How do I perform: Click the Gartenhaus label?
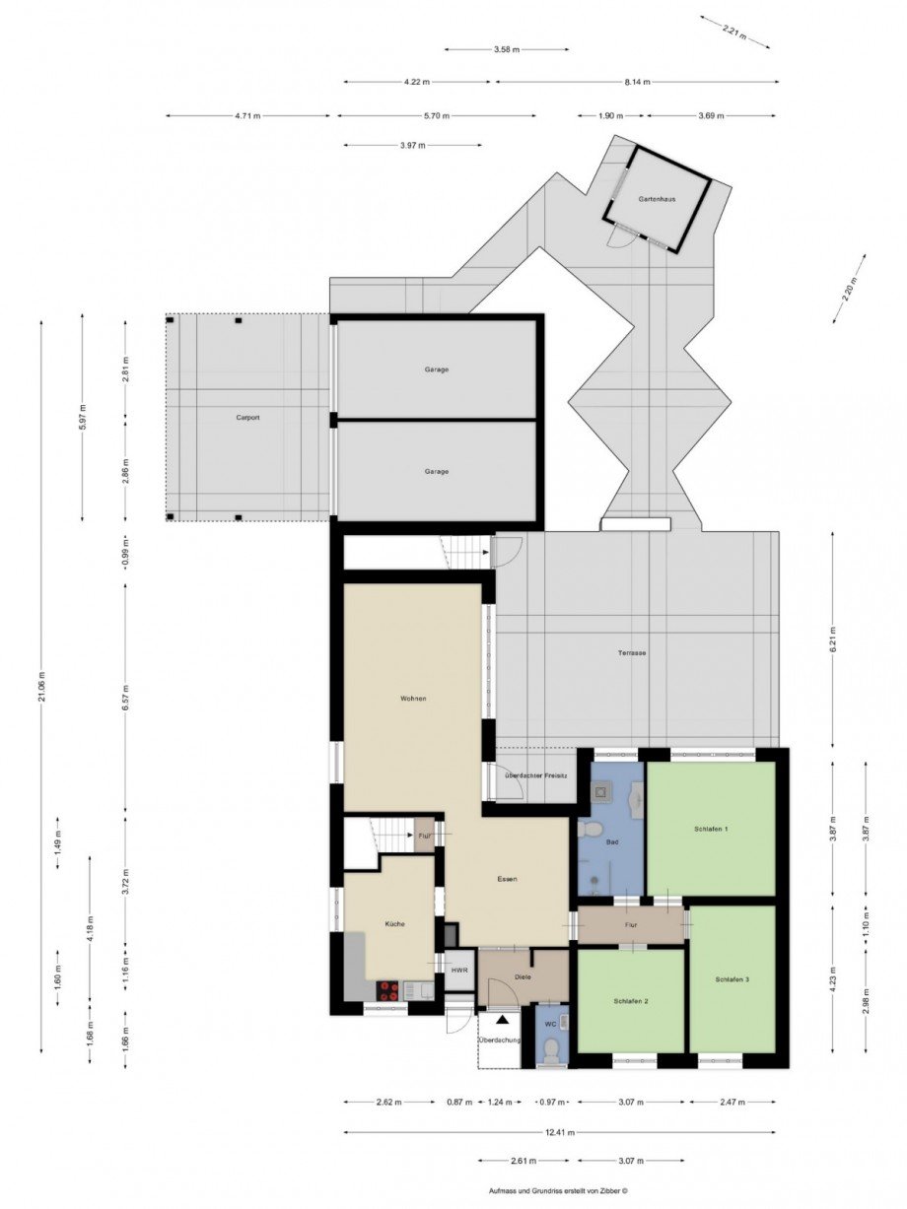tap(656, 199)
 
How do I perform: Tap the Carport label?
tap(246, 418)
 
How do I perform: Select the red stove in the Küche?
tap(388, 990)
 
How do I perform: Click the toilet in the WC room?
tap(552, 1048)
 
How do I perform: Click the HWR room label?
tap(459, 971)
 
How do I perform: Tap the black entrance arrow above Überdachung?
tap(503, 1021)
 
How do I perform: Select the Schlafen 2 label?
tap(630, 1001)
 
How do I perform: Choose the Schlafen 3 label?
tap(733, 979)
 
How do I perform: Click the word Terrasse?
tap(632, 652)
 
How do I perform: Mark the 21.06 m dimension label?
tap(41, 686)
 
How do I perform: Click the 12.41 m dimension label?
tap(558, 1132)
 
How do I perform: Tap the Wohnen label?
tap(413, 699)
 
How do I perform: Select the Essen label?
tap(507, 878)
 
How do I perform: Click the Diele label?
tap(523, 976)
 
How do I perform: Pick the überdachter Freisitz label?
tap(535, 776)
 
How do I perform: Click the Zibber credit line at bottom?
tap(558, 1190)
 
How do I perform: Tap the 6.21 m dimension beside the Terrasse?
tap(832, 639)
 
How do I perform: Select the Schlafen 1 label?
tap(711, 829)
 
